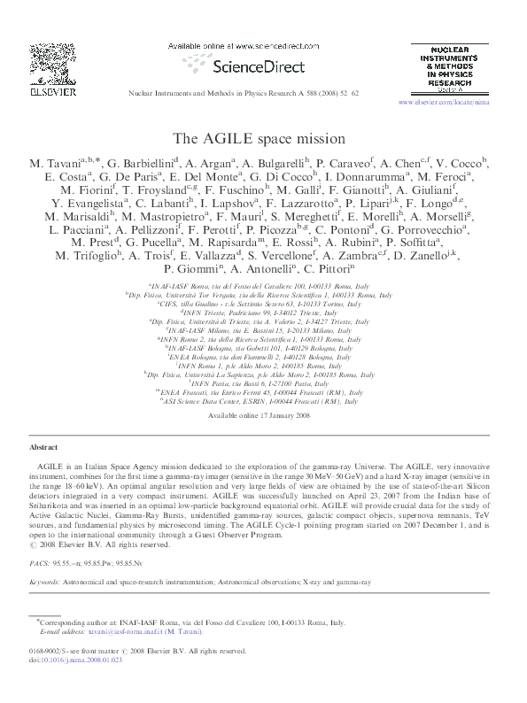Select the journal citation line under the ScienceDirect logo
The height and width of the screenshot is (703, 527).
262,92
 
